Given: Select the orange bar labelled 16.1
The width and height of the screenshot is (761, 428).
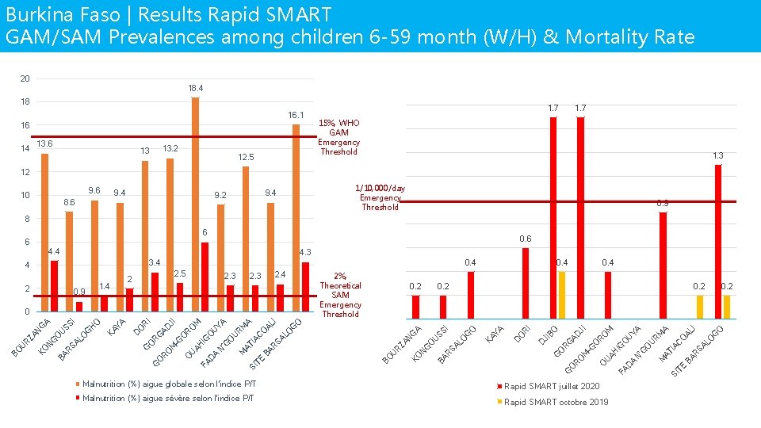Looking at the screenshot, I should pos(296,218).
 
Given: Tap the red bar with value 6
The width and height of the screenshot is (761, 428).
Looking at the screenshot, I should pos(205,277).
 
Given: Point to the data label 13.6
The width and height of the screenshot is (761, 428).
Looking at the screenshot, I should pos(44,143).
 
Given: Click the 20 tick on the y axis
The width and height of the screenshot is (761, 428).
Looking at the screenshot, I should pos(25,78).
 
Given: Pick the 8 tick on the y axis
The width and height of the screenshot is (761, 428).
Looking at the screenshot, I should pos(25,219).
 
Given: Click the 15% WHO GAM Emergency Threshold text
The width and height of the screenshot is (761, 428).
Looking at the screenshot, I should pos(338,137).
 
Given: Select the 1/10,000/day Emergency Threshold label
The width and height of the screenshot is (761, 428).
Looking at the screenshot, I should pos(380,197).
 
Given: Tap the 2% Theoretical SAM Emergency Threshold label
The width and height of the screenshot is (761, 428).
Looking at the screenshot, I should pos(340,295).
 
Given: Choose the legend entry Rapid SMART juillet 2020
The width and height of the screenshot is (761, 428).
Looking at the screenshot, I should pos(552,386).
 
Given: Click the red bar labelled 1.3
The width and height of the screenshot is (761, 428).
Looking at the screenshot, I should pos(718,241).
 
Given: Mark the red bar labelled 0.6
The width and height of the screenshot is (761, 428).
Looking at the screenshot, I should pos(525,283).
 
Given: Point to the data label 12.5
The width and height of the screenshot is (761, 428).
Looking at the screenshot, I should pos(247,158).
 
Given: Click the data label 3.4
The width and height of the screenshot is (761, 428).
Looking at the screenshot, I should pos(155,262).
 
